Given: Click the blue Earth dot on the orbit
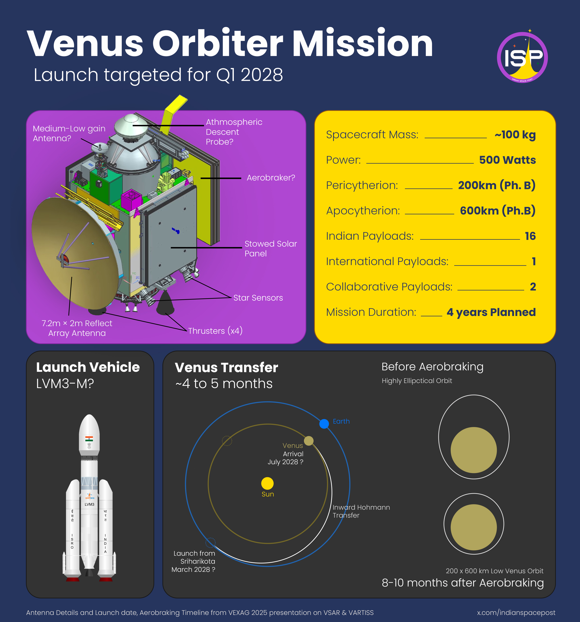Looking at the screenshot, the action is (x=324, y=424).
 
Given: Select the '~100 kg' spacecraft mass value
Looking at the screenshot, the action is (x=515, y=135).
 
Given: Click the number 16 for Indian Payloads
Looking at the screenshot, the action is (x=530, y=236).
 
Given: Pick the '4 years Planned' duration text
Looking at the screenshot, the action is (x=491, y=312).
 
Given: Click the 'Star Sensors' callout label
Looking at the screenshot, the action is (x=258, y=298).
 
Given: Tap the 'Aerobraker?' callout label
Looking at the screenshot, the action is (x=271, y=178).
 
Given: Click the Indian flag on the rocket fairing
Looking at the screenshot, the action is (x=89, y=439).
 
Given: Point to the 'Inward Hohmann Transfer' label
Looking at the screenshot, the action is (x=361, y=511).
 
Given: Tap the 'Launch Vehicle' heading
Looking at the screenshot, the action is (x=88, y=367).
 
